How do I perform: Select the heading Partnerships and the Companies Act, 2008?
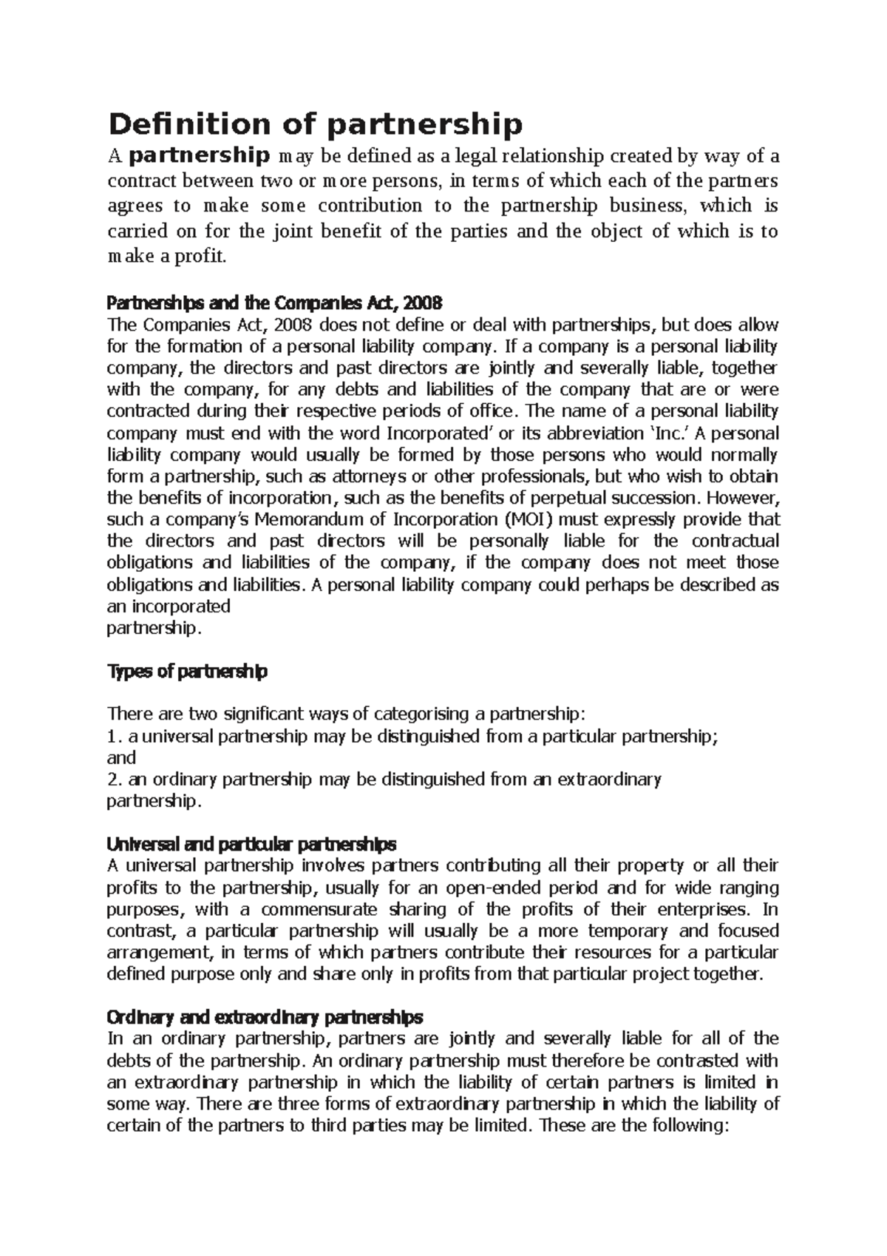tap(274, 303)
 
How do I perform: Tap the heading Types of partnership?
tap(187, 672)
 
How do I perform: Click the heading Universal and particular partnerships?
tap(251, 844)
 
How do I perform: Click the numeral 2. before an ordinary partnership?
tap(114, 780)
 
